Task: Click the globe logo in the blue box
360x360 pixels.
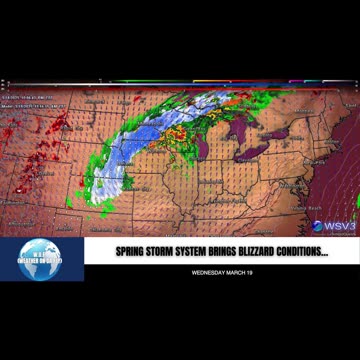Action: pyautogui.click(x=41, y=257)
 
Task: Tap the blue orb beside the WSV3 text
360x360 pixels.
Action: pyautogui.click(x=318, y=227)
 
